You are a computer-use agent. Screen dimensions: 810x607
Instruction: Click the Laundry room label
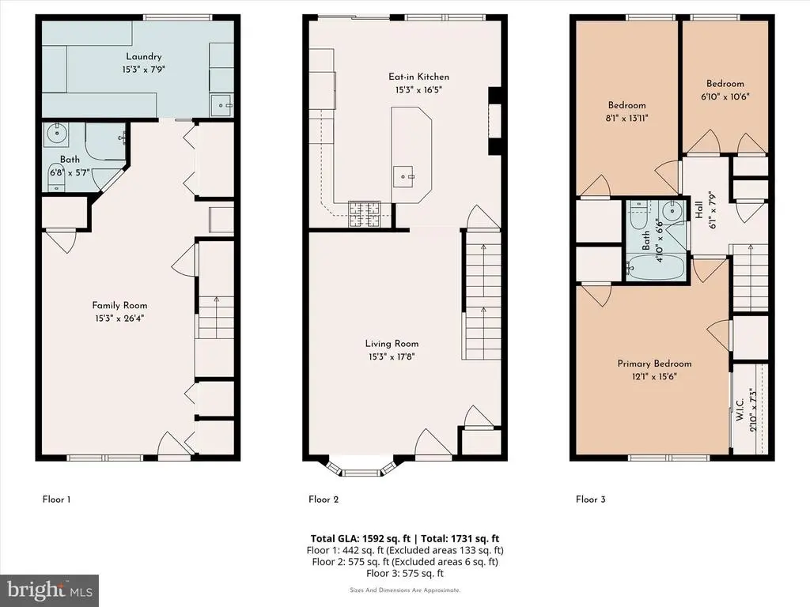pyautogui.click(x=144, y=57)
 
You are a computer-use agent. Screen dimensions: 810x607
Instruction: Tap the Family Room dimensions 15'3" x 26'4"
pyautogui.click(x=119, y=319)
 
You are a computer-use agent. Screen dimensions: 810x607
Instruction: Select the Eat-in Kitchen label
pyautogui.click(x=418, y=77)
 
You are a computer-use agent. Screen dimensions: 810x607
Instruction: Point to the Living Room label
pyautogui.click(x=392, y=344)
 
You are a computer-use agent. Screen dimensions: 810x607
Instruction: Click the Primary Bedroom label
pyautogui.click(x=654, y=364)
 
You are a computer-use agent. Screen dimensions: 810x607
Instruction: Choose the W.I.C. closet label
pyautogui.click(x=740, y=409)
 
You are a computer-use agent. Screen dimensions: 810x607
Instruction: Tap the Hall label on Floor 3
pyautogui.click(x=699, y=209)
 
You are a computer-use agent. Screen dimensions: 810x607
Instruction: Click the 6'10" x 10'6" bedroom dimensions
pyautogui.click(x=725, y=96)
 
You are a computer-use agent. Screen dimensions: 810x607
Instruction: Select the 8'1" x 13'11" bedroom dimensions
pyautogui.click(x=626, y=119)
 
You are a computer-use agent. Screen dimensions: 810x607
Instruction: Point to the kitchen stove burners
pyautogui.click(x=365, y=214)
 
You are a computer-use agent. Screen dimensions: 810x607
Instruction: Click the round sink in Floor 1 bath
pyautogui.click(x=55, y=134)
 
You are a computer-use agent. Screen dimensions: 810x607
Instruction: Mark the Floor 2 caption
pyautogui.click(x=324, y=500)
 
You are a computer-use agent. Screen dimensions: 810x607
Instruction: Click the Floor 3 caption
pyautogui.click(x=590, y=500)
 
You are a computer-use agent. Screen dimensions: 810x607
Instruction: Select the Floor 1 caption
pyautogui.click(x=56, y=500)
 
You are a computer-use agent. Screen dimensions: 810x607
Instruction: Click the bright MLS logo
pyautogui.click(x=50, y=590)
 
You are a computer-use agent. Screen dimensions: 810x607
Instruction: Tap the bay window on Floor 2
pyautogui.click(x=361, y=466)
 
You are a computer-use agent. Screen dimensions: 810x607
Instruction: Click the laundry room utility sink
pyautogui.click(x=221, y=106)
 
